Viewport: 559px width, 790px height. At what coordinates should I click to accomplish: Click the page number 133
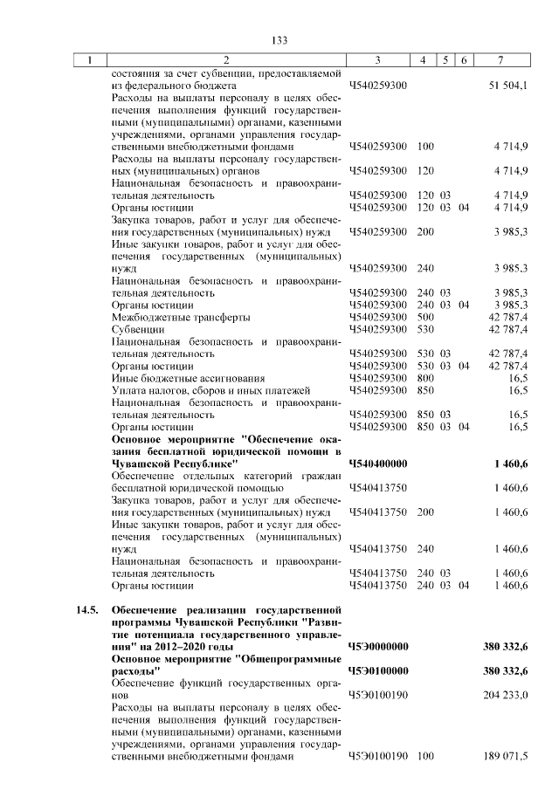[279, 40]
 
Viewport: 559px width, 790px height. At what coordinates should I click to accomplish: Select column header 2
[225, 60]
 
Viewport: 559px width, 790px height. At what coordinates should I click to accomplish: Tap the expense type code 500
[426, 317]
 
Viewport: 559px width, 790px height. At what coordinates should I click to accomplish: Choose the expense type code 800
[426, 378]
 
